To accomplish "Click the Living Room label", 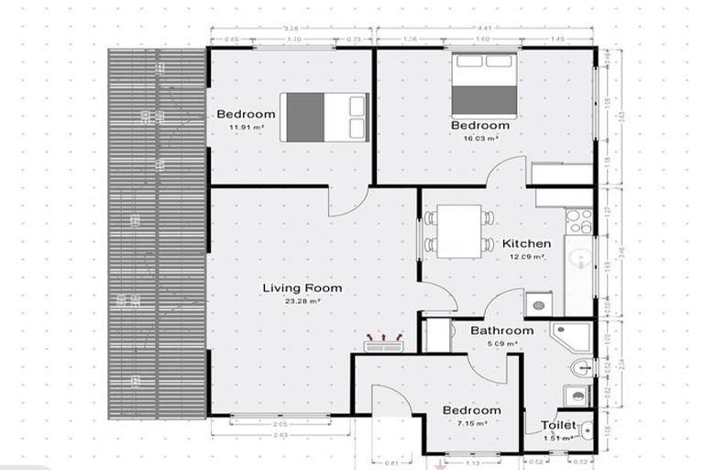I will point(302,288).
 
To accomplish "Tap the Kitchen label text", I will point(526,244).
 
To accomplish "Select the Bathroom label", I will point(501,330).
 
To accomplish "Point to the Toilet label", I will point(557,426).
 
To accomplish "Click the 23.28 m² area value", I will point(302,301).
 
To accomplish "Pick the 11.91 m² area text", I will point(246,128).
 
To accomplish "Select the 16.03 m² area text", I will point(480,138).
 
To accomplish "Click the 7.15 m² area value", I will point(471,423).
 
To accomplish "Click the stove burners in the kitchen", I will point(578,220).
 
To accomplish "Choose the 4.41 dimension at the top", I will point(486,28).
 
